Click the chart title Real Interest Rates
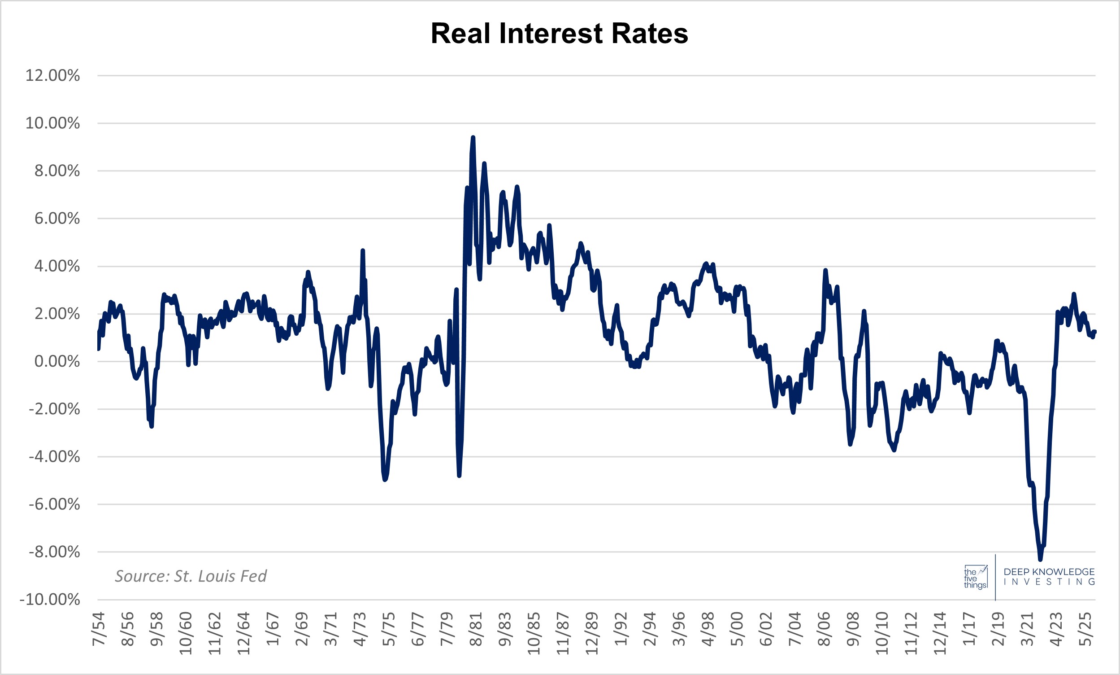pyautogui.click(x=559, y=34)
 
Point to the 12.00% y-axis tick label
pyautogui.click(x=53, y=75)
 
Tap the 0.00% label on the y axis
pyautogui.click(x=57, y=362)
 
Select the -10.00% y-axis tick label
pyautogui.click(x=50, y=600)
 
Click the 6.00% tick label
pyautogui.click(x=57, y=219)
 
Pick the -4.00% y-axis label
pyautogui.click(x=55, y=457)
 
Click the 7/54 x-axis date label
pyautogui.click(x=99, y=629)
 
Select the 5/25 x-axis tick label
pyautogui.click(x=1085, y=629)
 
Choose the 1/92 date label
pyautogui.click(x=621, y=629)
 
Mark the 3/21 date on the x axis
pyautogui.click(x=1027, y=629)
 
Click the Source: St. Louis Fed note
pyautogui.click(x=191, y=576)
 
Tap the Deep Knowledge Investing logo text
pyautogui.click(x=1049, y=576)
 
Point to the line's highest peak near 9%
pyautogui.click(x=473, y=137)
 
